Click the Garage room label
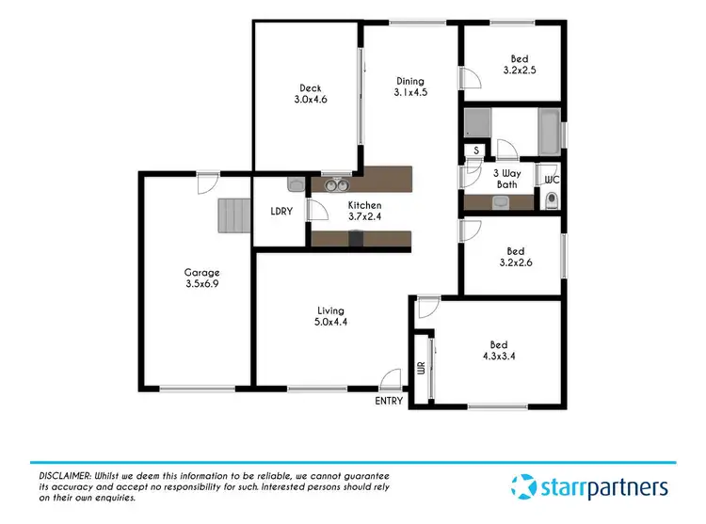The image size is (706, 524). [x=202, y=278]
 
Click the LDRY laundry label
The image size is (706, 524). [x=281, y=211]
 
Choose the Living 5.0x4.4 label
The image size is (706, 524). [x=330, y=316]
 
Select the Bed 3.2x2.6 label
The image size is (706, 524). [x=515, y=257]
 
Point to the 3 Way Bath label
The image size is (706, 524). [x=506, y=179]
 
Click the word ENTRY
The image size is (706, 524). [x=389, y=401]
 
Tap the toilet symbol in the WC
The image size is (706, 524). [x=551, y=198]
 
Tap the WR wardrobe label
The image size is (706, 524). [x=422, y=368]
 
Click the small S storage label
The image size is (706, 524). [x=476, y=151]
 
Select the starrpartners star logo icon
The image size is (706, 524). [x=523, y=487]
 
